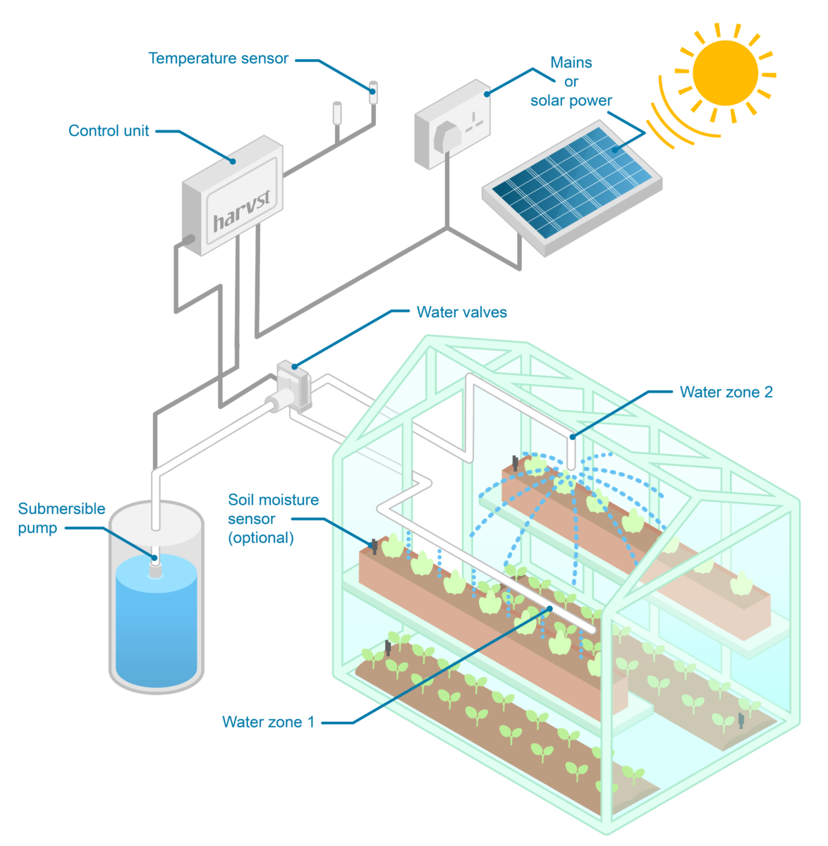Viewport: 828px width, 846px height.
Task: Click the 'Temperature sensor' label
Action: point(219,59)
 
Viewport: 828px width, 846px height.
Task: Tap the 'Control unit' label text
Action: point(109,130)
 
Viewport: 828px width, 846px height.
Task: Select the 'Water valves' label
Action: point(461,312)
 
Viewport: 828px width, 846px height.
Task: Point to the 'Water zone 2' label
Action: point(726,392)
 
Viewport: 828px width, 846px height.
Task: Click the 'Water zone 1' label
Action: point(268,722)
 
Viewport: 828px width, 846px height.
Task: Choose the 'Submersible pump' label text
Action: point(61,517)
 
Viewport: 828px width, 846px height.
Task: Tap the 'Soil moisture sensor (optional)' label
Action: point(273,518)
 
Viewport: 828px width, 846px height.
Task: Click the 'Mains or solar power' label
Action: point(571,81)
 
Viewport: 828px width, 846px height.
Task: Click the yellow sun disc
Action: point(725,73)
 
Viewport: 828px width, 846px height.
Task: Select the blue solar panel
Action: point(572,182)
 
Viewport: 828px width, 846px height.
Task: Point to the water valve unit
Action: point(293,386)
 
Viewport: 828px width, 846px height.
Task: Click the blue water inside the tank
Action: point(156,623)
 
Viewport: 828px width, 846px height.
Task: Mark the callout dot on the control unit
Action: point(233,161)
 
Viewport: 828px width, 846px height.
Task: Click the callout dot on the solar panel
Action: point(615,150)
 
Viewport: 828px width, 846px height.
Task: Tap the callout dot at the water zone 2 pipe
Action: point(572,437)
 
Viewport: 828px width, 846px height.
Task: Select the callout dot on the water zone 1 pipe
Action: point(549,608)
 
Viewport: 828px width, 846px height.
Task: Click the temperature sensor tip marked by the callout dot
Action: point(372,92)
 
